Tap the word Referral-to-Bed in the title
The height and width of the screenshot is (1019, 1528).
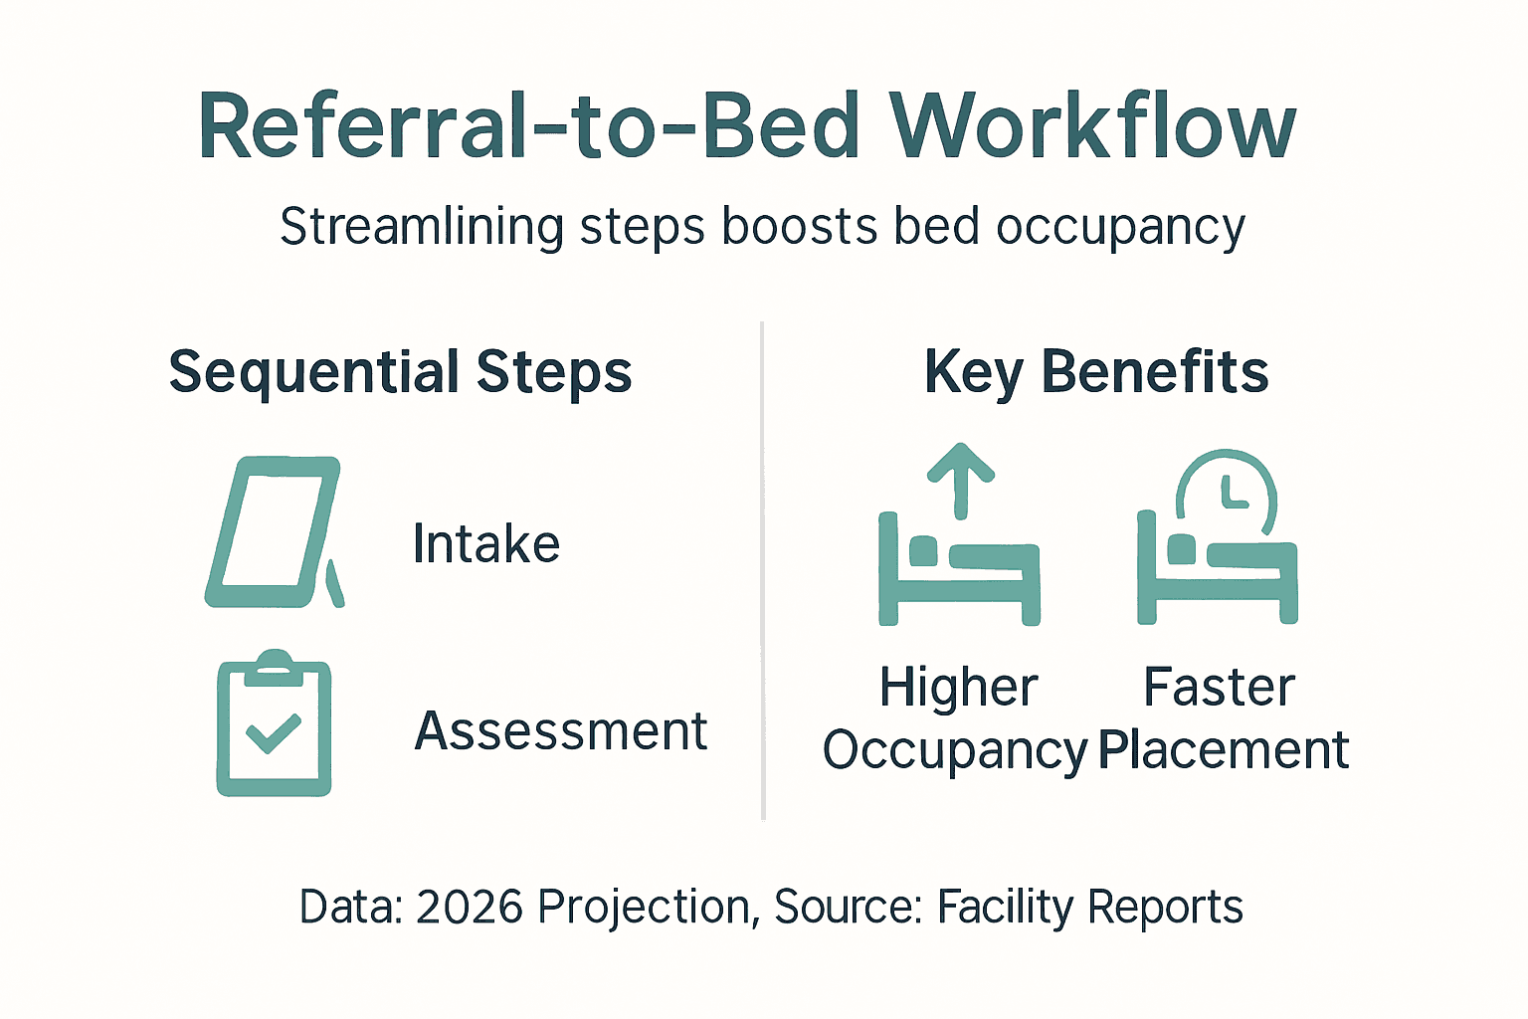point(528,127)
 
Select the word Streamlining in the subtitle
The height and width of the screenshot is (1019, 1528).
point(420,227)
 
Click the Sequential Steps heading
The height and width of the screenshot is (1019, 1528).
point(400,373)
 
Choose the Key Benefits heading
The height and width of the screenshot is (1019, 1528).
point(1096,373)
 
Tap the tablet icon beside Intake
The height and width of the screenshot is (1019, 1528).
point(274,532)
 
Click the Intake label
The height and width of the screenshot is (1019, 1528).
point(486,544)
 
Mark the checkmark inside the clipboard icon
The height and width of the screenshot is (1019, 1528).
point(273,733)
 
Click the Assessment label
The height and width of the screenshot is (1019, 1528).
point(560,731)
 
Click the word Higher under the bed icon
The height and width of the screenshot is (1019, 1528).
point(958,688)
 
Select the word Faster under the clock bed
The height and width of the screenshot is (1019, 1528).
point(1219,688)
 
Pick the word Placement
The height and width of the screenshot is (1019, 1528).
point(1224,749)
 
